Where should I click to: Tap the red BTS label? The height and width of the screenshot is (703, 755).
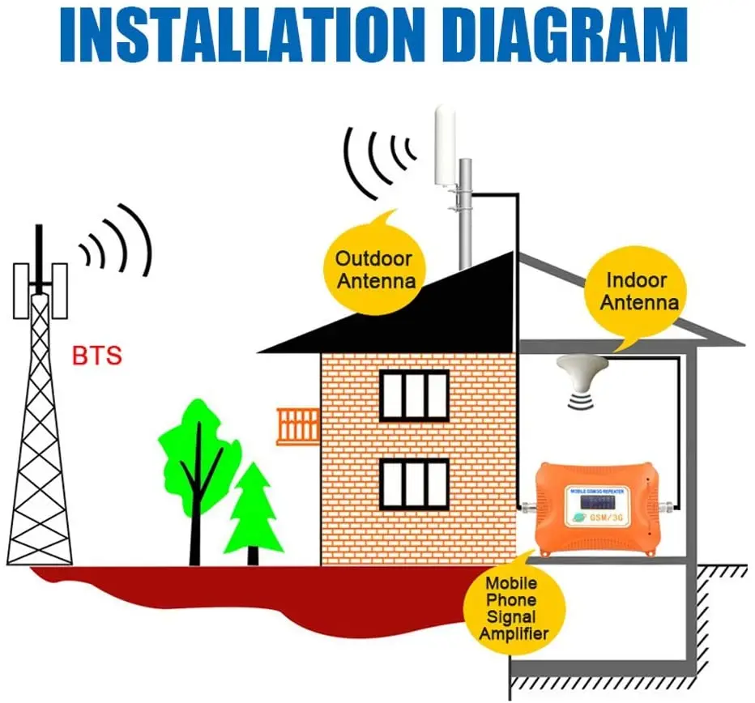click(97, 355)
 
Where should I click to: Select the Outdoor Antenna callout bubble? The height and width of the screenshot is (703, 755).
click(374, 270)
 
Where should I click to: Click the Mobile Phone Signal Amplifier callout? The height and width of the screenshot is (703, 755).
click(510, 607)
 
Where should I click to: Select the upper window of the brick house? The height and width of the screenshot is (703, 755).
click(414, 395)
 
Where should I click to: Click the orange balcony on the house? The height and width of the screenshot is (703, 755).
click(298, 426)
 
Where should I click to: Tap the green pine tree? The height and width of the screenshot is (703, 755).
click(253, 506)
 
